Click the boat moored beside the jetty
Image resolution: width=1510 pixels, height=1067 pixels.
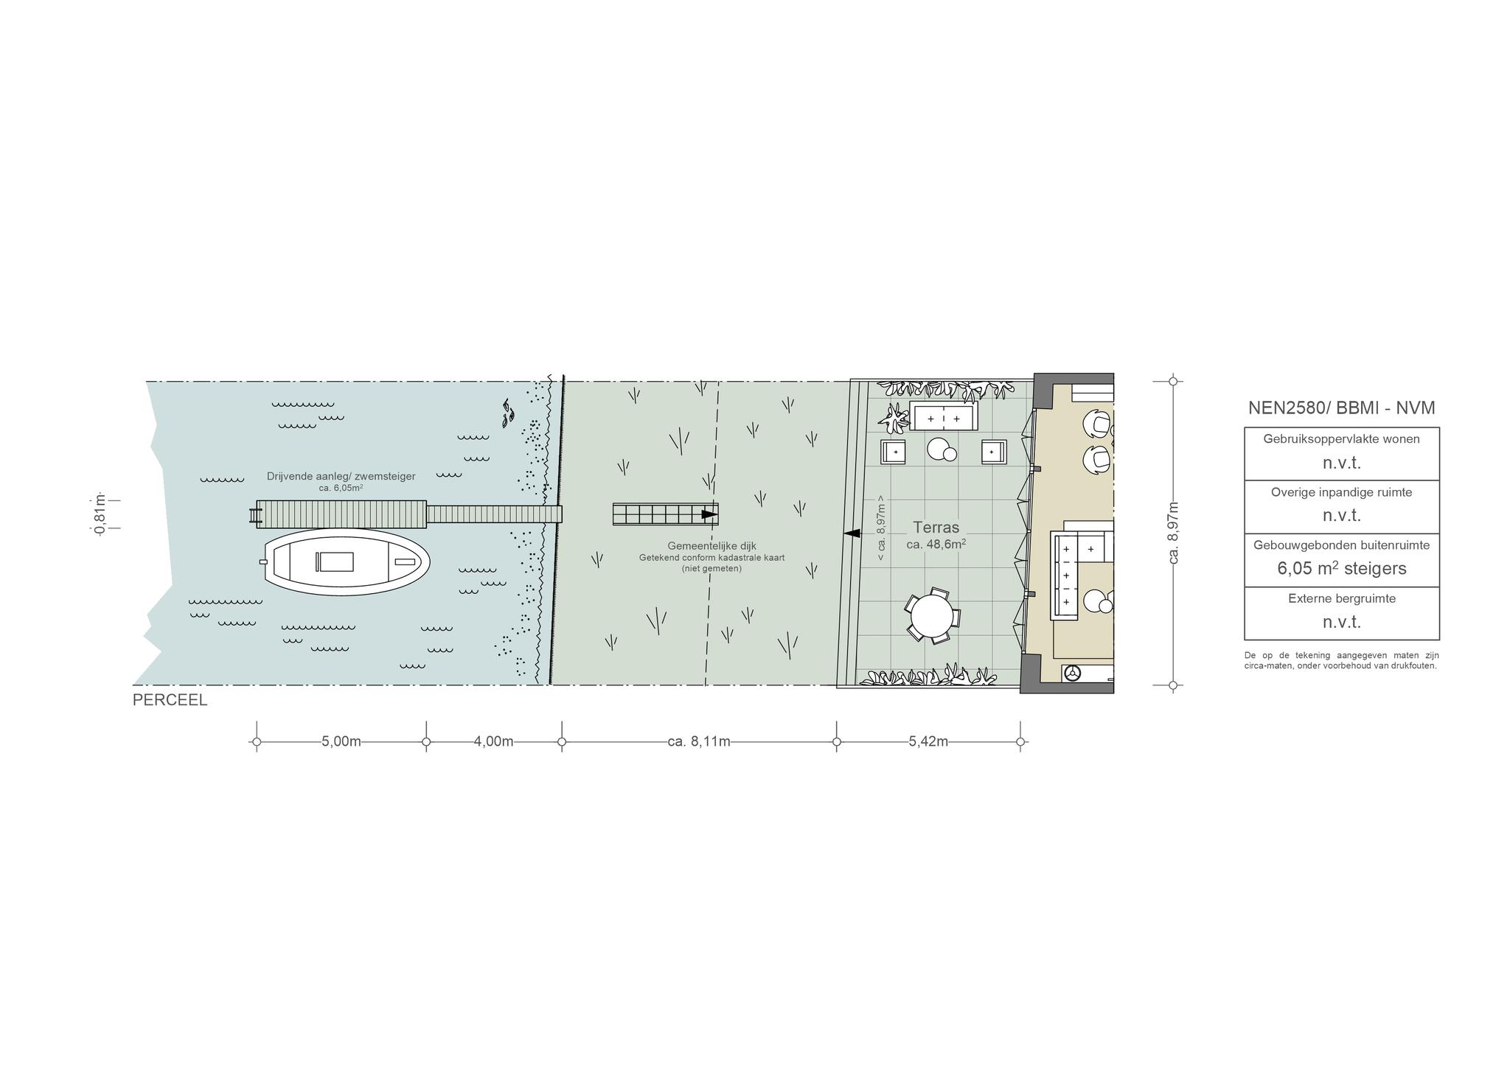347,563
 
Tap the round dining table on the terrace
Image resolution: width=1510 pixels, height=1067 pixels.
931,616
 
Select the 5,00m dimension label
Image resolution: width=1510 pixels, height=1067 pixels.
341,741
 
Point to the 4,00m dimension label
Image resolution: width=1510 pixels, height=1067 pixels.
494,741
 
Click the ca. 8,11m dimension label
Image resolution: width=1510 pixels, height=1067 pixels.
699,741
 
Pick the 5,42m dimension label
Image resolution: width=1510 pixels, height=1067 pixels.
928,741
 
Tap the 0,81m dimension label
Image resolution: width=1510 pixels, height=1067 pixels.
100,514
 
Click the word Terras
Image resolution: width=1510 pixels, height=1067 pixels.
936,528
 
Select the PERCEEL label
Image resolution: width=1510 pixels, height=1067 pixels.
170,701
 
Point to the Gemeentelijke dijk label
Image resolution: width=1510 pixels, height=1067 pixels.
711,546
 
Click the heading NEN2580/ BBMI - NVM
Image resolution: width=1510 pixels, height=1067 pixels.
1342,407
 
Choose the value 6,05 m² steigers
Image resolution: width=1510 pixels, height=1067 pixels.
1342,568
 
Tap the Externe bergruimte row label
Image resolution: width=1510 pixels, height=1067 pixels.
1342,598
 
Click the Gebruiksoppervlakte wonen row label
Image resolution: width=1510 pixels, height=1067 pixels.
1342,439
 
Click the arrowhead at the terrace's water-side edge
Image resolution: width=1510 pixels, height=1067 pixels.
852,533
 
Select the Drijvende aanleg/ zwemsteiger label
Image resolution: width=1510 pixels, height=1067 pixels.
341,477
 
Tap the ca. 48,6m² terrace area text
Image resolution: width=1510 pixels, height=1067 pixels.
936,545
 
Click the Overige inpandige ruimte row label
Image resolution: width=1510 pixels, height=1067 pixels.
1342,492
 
